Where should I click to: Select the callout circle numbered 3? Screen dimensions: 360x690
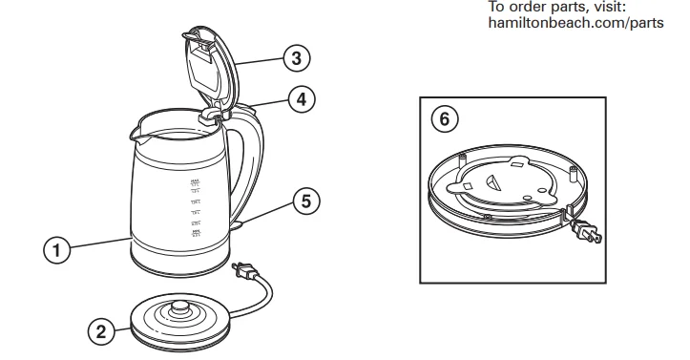(x=296, y=58)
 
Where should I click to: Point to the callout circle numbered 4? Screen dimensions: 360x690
(x=302, y=98)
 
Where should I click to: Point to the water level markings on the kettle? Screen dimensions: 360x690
(x=196, y=206)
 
